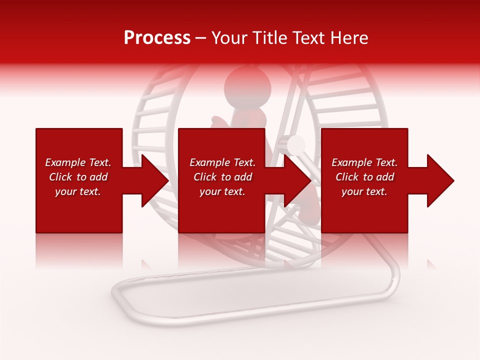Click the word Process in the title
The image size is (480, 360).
[x=157, y=38]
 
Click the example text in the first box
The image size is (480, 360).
[x=78, y=177]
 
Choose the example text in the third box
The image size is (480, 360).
[x=364, y=177]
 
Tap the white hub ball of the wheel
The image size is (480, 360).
[x=296, y=144]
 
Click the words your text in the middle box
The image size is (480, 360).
[x=222, y=191]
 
